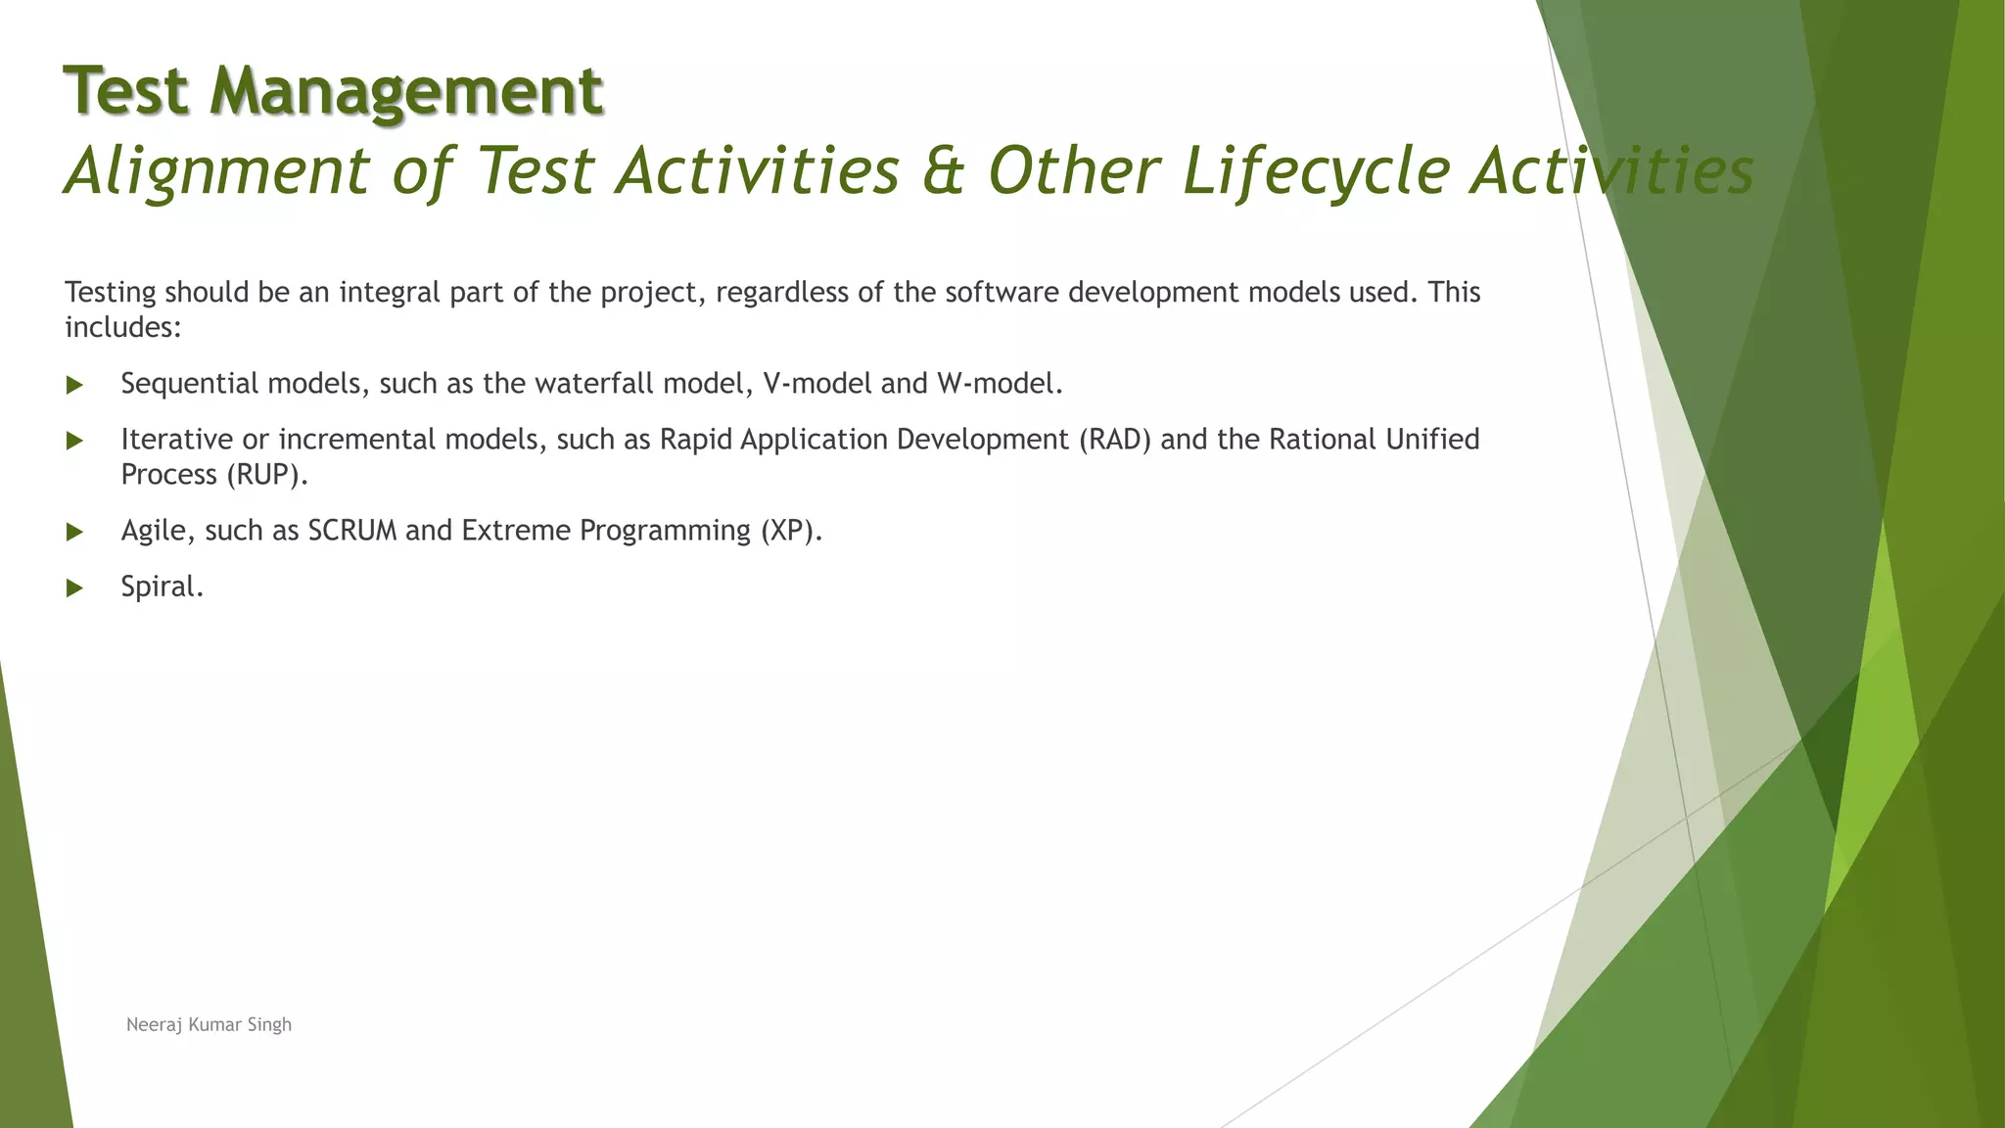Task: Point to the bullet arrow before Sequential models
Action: click(x=74, y=386)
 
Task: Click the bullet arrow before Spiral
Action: click(x=74, y=588)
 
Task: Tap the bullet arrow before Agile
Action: click(x=74, y=533)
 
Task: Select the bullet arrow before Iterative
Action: click(x=74, y=442)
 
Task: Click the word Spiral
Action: click(x=162, y=587)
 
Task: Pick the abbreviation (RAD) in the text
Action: click(x=1115, y=440)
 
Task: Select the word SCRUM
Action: click(x=352, y=531)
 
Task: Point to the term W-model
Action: click(x=999, y=384)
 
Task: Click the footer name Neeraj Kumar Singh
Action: click(x=209, y=1025)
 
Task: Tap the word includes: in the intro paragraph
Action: click(x=122, y=327)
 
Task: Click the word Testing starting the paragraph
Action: click(x=110, y=293)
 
